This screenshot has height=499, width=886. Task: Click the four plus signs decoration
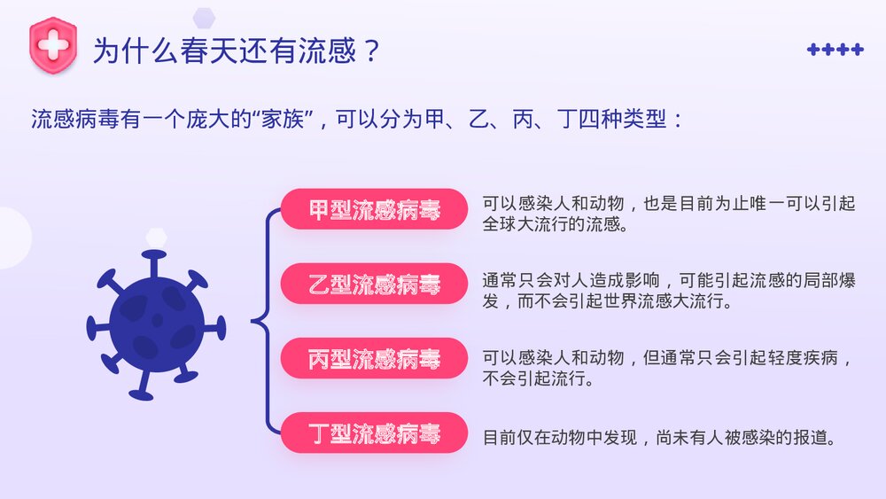(x=835, y=50)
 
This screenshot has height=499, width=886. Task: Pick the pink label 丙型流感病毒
(x=374, y=359)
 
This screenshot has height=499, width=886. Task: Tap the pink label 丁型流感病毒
(x=374, y=433)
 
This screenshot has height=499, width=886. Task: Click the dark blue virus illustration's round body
(x=157, y=323)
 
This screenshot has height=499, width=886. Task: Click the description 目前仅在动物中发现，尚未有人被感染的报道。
(x=659, y=437)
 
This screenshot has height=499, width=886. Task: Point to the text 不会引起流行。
(x=537, y=379)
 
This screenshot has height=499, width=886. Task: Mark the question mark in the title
(x=372, y=51)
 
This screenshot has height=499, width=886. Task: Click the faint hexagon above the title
(x=205, y=16)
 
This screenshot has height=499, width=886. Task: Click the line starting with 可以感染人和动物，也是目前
(x=669, y=204)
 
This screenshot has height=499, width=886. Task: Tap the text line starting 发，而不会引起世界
(x=607, y=301)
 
